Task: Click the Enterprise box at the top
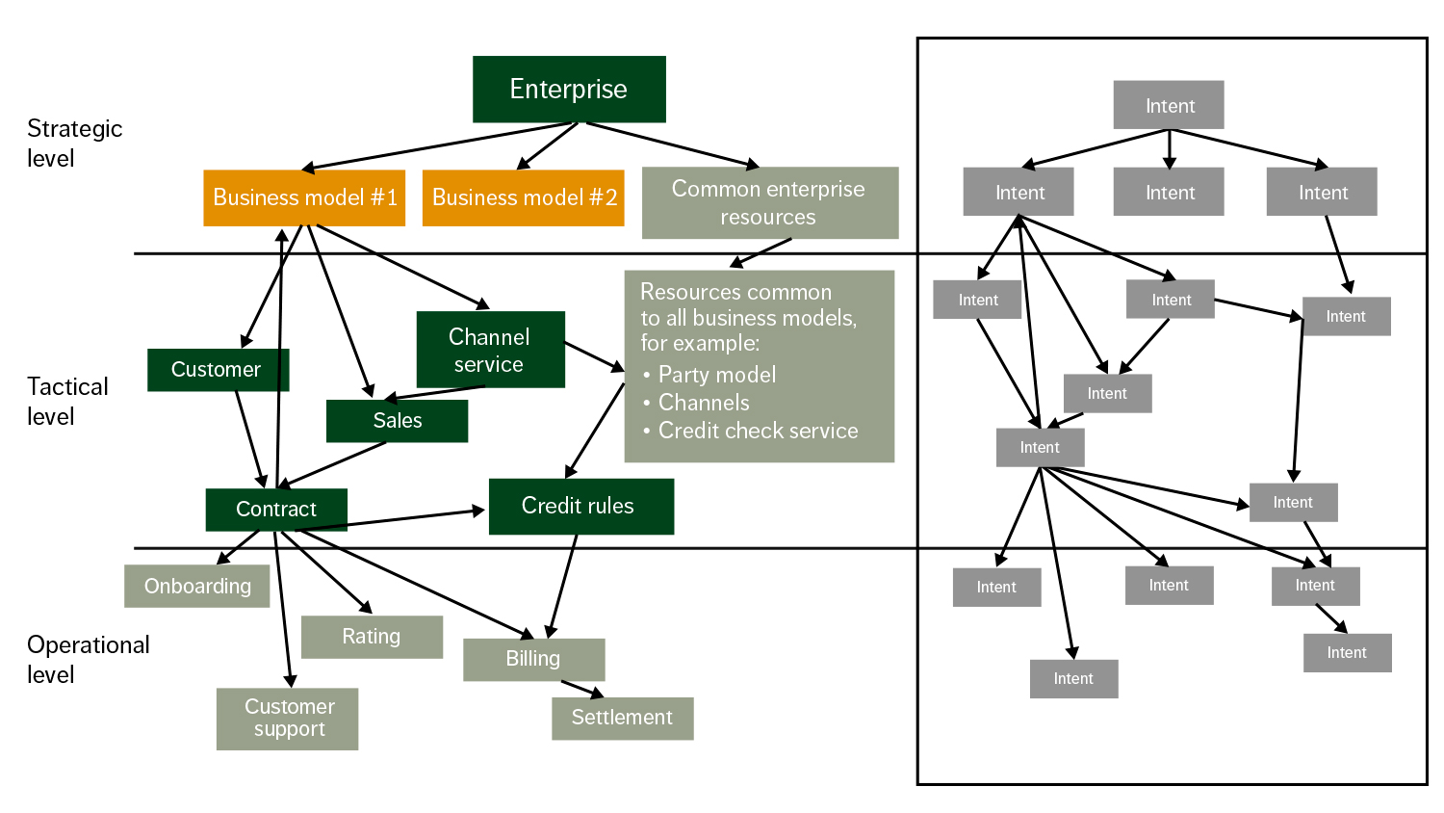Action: [x=569, y=90]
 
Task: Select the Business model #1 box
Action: [x=304, y=197]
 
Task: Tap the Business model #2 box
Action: [x=524, y=197]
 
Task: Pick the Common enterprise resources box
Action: [x=769, y=202]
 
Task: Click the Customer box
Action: [x=218, y=370]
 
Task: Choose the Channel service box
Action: [x=490, y=350]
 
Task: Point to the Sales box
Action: [x=397, y=421]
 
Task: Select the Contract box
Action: [x=276, y=510]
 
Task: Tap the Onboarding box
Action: [x=197, y=587]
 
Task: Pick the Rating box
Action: [x=372, y=637]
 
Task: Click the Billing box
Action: [x=533, y=659]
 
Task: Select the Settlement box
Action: [x=622, y=718]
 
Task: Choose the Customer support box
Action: [x=288, y=719]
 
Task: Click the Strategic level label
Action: [x=74, y=144]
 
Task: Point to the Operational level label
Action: [x=88, y=659]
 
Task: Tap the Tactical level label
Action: [x=66, y=401]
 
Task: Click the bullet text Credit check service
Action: [x=758, y=431]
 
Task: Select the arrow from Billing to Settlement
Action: [x=582, y=689]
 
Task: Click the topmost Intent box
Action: [x=1169, y=105]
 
